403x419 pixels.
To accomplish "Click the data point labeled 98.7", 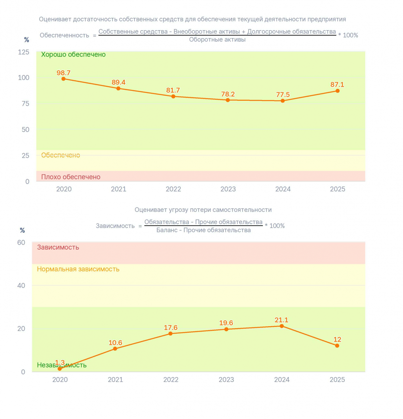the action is (x=64, y=79).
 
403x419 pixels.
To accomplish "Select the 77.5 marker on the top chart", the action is (x=283, y=101).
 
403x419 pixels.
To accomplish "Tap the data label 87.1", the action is (x=337, y=85).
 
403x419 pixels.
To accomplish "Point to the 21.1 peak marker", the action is (x=282, y=326).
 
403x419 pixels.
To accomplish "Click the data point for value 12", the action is (x=337, y=346).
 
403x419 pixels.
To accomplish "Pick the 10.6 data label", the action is (x=115, y=343).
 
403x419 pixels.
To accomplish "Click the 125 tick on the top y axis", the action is (x=24, y=52).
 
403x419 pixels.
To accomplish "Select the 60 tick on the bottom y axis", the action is (x=21, y=242).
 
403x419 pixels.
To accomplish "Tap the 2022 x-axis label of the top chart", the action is (x=173, y=189).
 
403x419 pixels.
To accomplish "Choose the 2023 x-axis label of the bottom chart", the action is (x=226, y=380).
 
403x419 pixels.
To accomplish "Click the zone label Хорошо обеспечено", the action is (x=73, y=54).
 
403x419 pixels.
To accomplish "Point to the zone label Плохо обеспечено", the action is (x=71, y=177).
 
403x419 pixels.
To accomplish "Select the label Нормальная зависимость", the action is (x=78, y=269).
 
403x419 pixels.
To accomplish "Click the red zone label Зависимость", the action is (x=58, y=247).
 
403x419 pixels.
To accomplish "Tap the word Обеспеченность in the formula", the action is (x=64, y=35).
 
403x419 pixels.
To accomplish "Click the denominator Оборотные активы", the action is (x=217, y=40).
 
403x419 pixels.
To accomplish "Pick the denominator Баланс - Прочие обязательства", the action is (x=203, y=230).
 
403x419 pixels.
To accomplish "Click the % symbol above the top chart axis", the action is (x=27, y=40).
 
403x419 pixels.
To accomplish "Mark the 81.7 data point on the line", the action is (x=173, y=96).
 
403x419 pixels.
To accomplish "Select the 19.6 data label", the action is (x=226, y=323).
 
